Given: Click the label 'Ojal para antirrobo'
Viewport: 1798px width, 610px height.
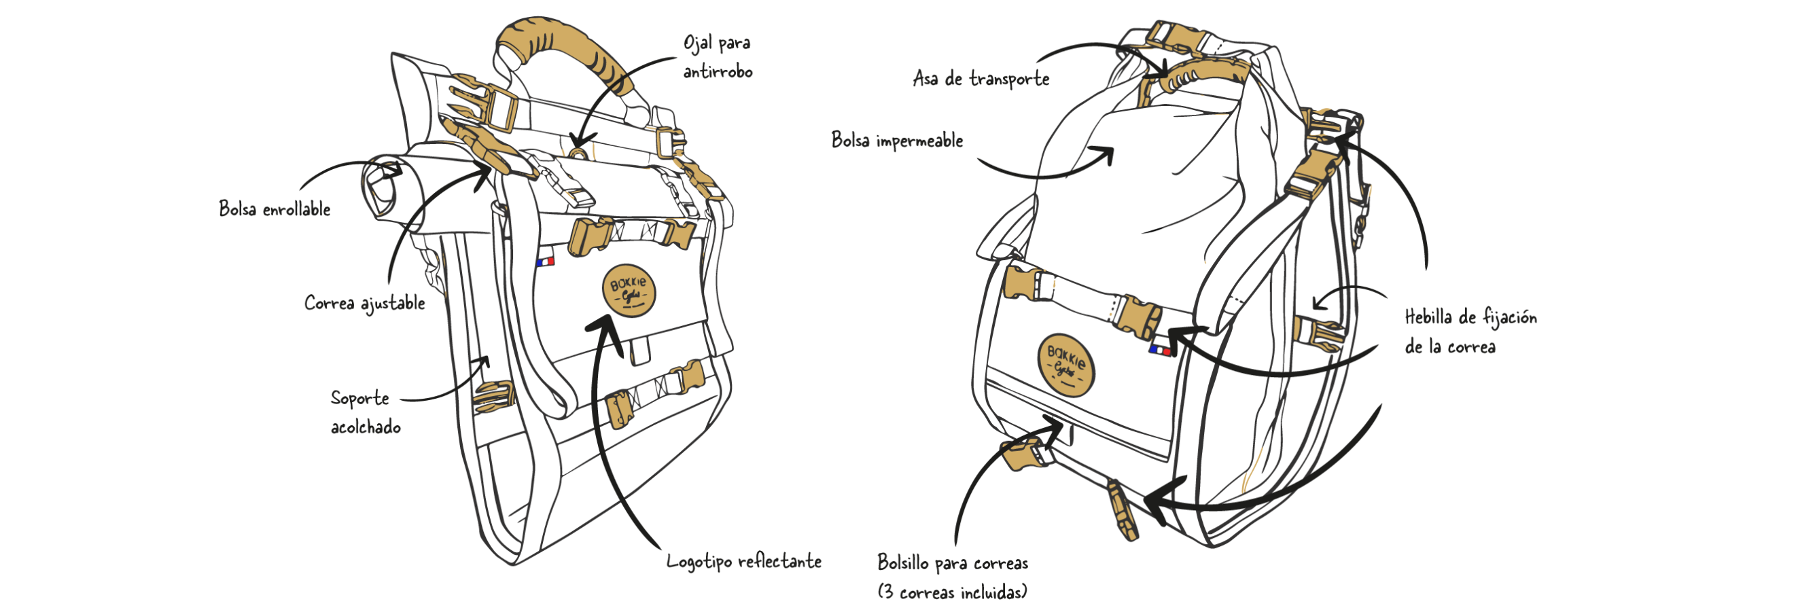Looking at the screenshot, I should point(717,57).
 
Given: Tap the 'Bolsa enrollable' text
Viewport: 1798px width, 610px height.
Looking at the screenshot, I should point(275,209).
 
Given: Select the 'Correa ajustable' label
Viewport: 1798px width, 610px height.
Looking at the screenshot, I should point(364,304).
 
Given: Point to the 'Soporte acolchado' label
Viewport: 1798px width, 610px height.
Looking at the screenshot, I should point(364,412).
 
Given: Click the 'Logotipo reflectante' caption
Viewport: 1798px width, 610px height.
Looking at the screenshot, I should point(743,562).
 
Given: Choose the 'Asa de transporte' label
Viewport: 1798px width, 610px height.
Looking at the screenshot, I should point(981,79).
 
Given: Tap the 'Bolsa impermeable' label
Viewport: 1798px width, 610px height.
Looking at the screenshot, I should point(896,141).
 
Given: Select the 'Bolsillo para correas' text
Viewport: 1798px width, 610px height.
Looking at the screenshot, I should point(952,563).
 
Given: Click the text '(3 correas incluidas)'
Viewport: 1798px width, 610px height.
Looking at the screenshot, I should point(952,592).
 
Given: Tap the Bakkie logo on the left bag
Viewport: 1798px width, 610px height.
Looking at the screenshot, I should point(628,291).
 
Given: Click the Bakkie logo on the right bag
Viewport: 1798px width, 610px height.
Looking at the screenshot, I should point(1065,364).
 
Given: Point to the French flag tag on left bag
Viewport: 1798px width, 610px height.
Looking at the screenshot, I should point(545,262).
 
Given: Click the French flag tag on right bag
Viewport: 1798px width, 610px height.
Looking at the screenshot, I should point(1160,350).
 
